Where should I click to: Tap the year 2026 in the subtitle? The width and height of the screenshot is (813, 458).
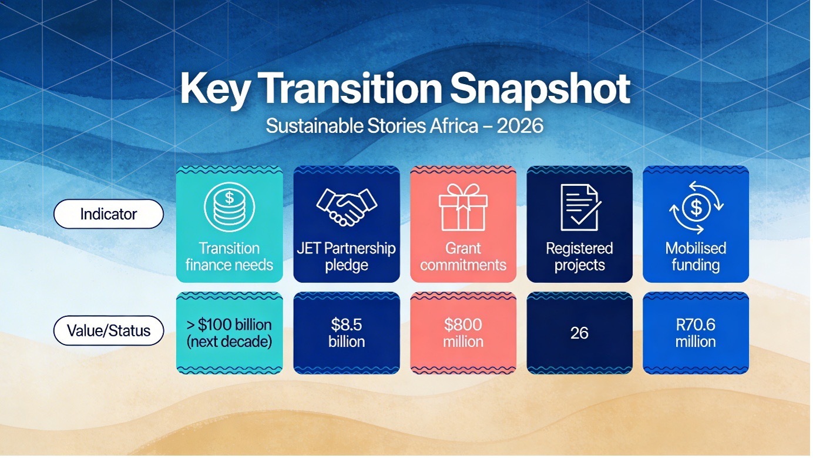[x=520, y=126]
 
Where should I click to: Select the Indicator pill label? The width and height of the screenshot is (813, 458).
[x=109, y=214]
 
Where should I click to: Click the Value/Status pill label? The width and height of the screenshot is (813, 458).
[x=109, y=330]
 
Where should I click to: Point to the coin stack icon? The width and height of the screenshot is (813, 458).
[x=229, y=207]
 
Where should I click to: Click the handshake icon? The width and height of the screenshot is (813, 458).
[x=347, y=207]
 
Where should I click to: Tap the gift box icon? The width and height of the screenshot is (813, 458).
[x=463, y=207]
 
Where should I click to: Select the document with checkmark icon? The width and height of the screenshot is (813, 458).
[x=580, y=208]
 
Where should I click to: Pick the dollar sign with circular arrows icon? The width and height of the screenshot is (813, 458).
[x=696, y=208]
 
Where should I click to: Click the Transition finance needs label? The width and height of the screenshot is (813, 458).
[x=229, y=257]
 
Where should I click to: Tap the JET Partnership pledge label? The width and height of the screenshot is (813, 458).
[x=346, y=257]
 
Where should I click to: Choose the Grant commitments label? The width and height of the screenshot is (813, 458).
[x=463, y=257]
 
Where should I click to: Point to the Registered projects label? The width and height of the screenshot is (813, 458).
[x=580, y=257]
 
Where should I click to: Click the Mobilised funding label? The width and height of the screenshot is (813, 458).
[x=696, y=257]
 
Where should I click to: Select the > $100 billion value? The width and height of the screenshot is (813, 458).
[x=229, y=325]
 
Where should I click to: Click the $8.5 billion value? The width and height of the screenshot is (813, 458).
[x=347, y=333]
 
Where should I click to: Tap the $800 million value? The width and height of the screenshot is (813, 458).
[x=463, y=333]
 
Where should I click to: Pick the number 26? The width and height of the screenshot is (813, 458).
[x=579, y=333]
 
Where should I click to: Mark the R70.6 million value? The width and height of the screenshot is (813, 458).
[x=696, y=333]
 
